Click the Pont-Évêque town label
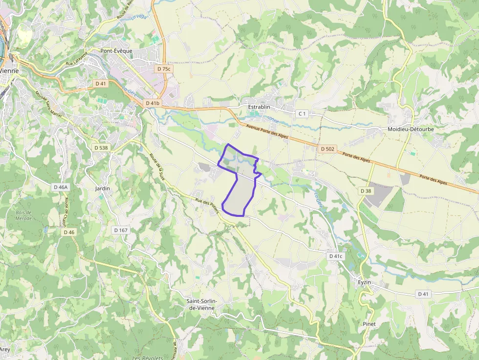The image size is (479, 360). tap(116, 50)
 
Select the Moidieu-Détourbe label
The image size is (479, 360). tap(411, 129)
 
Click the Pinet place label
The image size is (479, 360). tap(370, 324)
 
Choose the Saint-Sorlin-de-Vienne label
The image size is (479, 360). tap(202, 304)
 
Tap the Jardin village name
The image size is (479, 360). tap(102, 188)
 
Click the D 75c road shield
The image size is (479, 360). tap(164, 69)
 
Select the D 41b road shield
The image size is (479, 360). tap(153, 103)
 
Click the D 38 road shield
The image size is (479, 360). tap(366, 191)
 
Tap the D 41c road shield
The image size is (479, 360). tap(336, 256)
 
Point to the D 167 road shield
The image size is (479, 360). tap(120, 230)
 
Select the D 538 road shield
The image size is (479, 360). tap(101, 148)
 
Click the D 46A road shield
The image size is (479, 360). tap(61, 187)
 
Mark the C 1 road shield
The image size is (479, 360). tap(303, 114)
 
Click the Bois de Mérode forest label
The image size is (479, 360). tap(23, 215)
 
